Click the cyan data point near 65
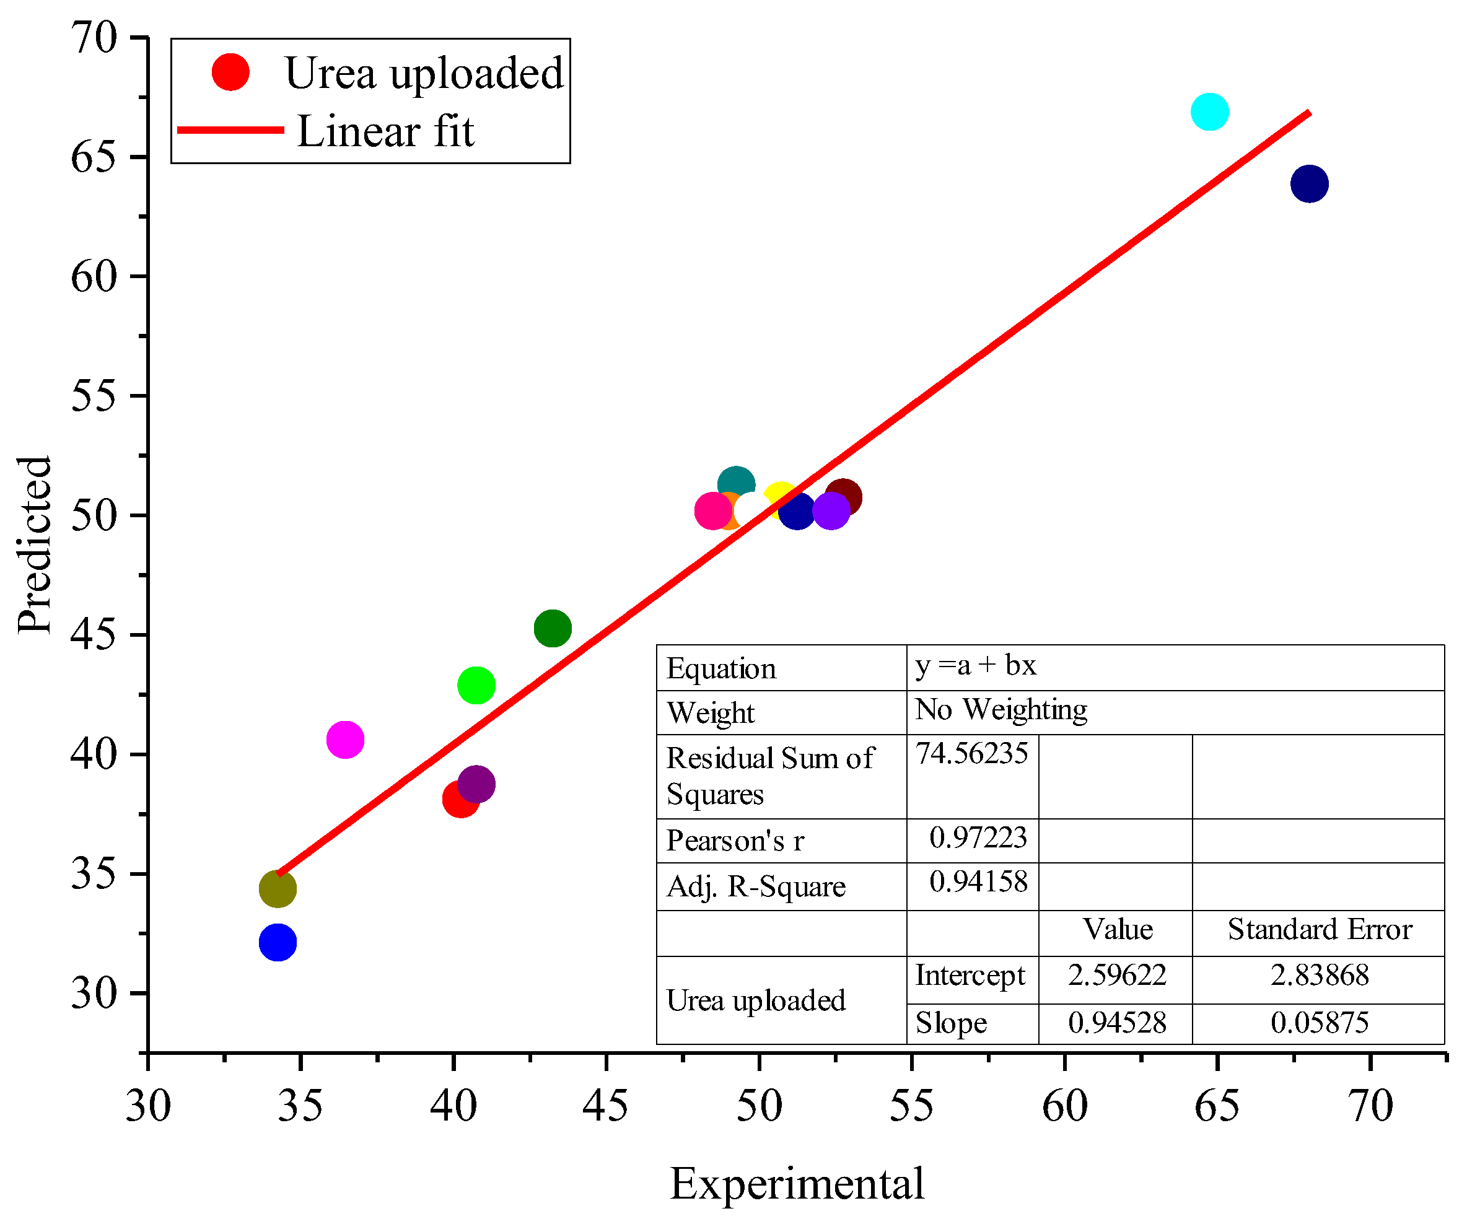coord(1209,111)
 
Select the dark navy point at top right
coord(1309,184)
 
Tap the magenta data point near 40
coord(345,739)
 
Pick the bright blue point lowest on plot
coord(278,942)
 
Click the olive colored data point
coord(278,889)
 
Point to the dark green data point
coord(553,628)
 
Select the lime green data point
coord(476,685)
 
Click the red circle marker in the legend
coord(230,72)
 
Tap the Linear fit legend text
coord(385,131)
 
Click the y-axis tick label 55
coord(93,396)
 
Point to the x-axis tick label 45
coord(605,1107)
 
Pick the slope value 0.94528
coord(1117,1023)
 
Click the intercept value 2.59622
coord(1117,975)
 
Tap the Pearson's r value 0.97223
coord(978,837)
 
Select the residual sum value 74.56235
coord(972,754)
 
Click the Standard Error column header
coord(1320,930)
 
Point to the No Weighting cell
coord(1001,710)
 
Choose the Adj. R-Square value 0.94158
coord(978,881)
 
